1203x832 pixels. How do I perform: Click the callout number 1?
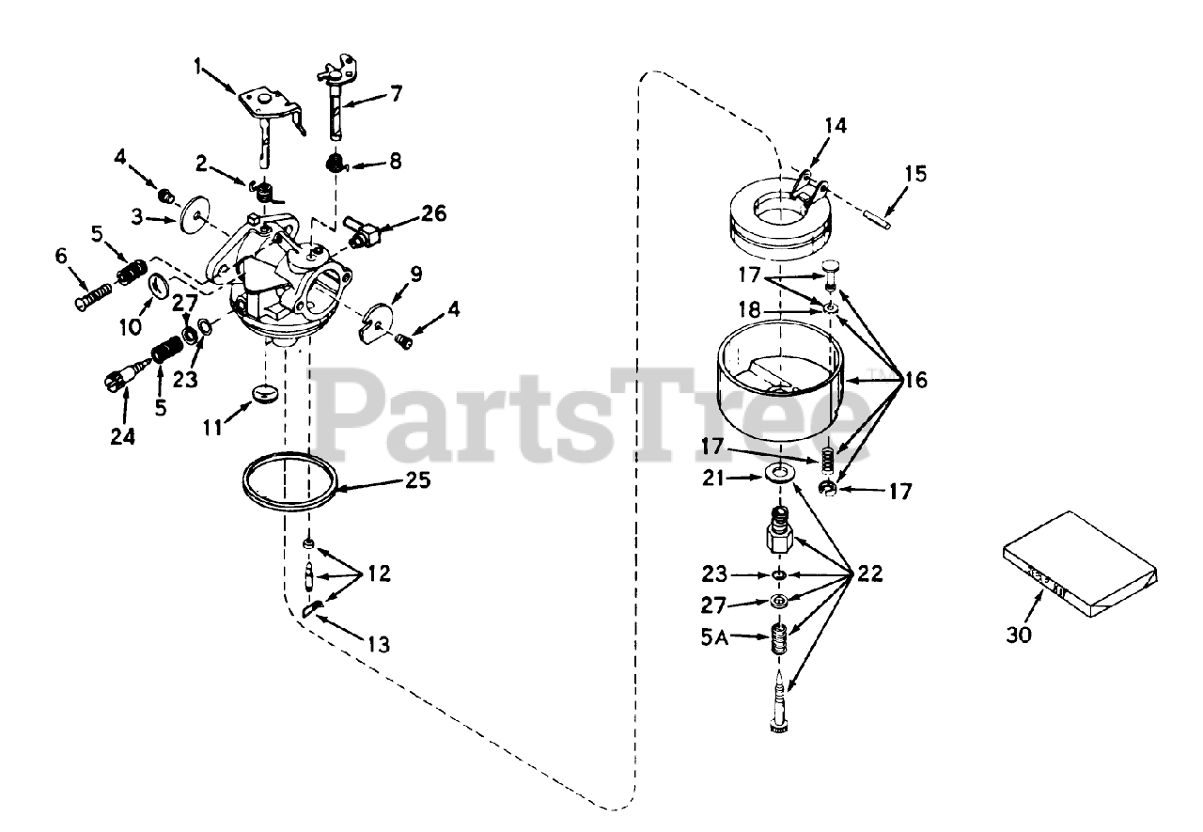198,67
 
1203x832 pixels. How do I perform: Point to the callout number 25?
418,480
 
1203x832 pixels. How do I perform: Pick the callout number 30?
1019,635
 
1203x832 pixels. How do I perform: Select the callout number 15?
915,174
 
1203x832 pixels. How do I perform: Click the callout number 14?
836,126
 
